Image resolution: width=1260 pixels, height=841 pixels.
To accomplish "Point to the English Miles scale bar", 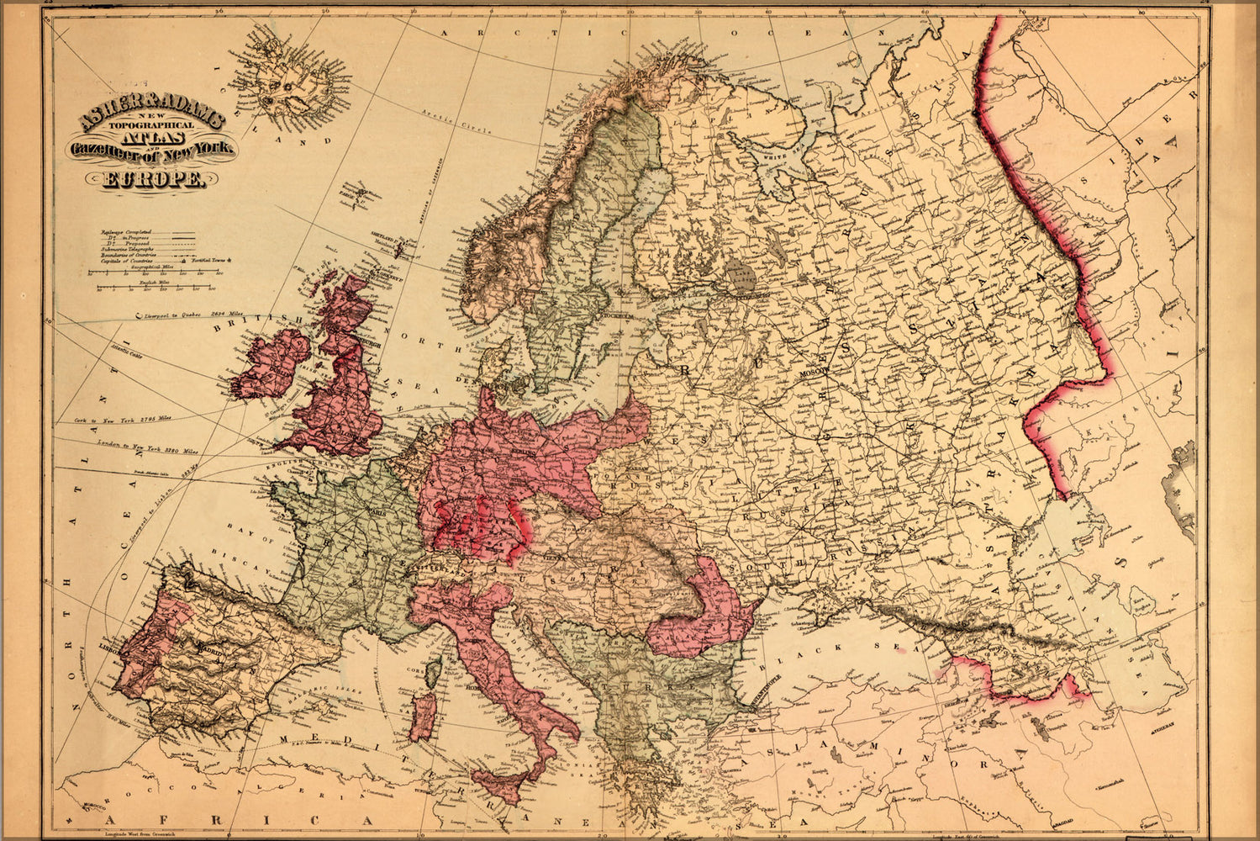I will point(151,288).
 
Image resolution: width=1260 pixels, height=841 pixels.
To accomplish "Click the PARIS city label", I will point(376,510).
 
